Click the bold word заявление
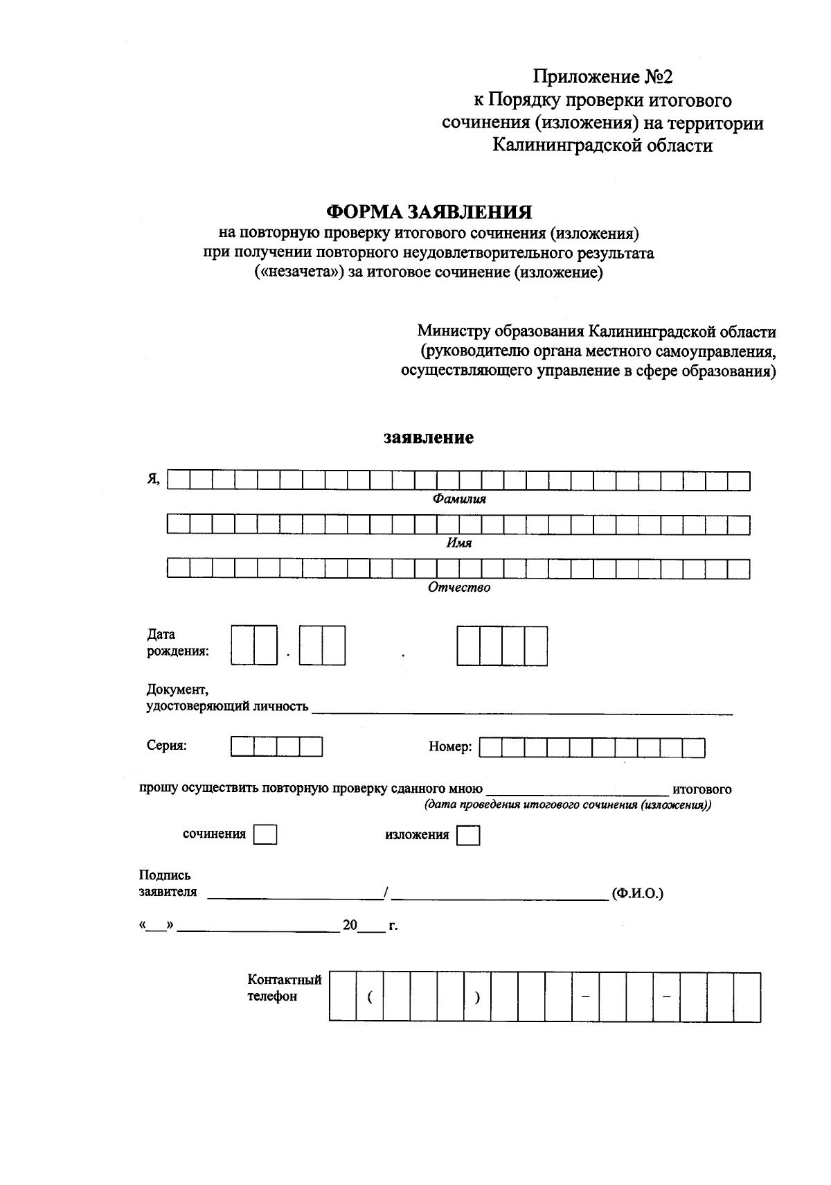click(x=429, y=438)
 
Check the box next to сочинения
click(x=265, y=835)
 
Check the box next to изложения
click(x=469, y=836)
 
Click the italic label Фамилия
click(x=459, y=499)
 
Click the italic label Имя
click(x=458, y=543)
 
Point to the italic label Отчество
click(x=458, y=588)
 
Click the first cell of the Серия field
click(x=242, y=746)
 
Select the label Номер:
click(x=450, y=747)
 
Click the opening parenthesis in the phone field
click(x=370, y=997)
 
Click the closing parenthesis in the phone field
click(x=477, y=997)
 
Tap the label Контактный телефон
click(x=284, y=988)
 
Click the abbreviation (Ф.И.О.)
click(x=637, y=893)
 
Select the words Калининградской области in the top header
click(x=602, y=146)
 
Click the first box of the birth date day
click(x=242, y=646)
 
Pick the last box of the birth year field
click(x=535, y=646)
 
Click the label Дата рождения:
click(x=177, y=642)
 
